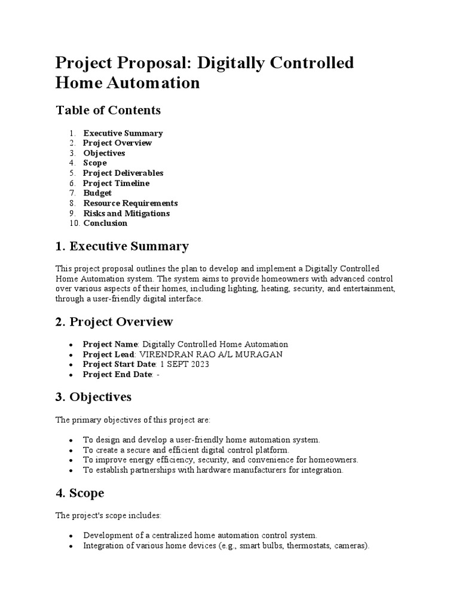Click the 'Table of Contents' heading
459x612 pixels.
coord(108,111)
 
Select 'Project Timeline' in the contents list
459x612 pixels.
coord(116,183)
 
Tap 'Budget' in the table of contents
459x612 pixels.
coord(97,193)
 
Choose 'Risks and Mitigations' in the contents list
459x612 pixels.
coord(126,213)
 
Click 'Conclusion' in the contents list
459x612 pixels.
coord(105,224)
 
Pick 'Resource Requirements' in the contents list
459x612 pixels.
coord(130,203)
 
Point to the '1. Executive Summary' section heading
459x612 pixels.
coord(122,246)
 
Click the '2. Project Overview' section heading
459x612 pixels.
coord(114,322)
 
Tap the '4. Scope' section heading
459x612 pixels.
coord(79,494)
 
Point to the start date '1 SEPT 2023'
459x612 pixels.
coord(185,365)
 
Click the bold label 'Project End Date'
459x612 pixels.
coord(117,375)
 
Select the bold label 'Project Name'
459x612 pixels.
coord(111,344)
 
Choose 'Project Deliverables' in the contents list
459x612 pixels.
coord(123,173)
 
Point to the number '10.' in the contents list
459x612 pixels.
coord(74,224)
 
